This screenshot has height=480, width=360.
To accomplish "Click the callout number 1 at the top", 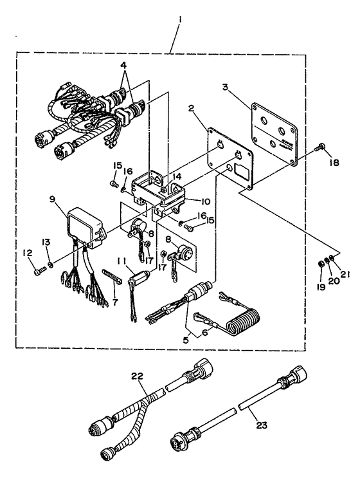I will (x=181, y=20).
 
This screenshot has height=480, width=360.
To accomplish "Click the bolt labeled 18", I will (x=319, y=147).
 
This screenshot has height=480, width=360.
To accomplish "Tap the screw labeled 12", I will (x=39, y=272).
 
